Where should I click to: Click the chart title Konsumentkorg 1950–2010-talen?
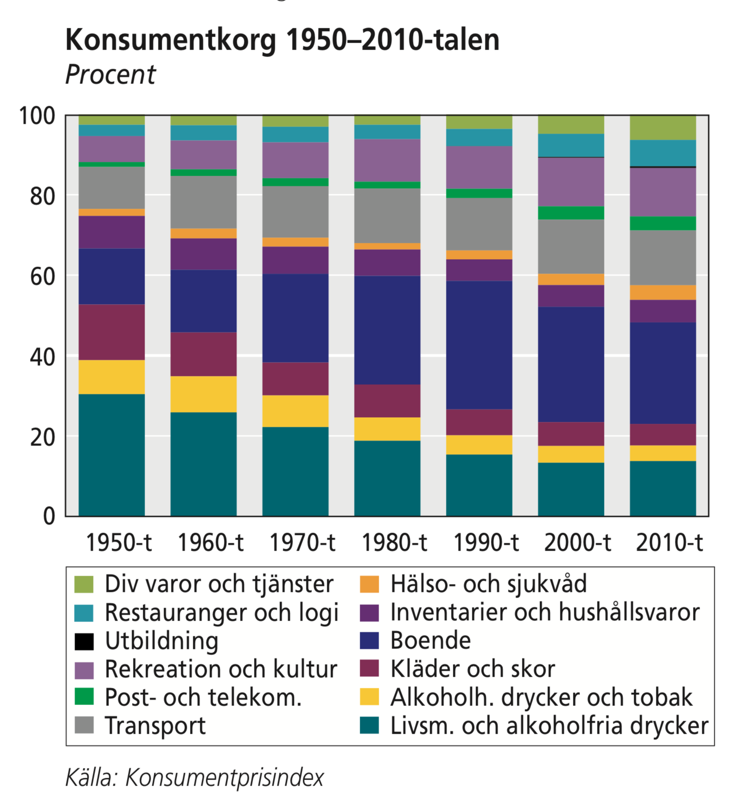coord(282,40)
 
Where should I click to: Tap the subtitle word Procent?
coord(110,75)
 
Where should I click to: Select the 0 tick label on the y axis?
coord(49,516)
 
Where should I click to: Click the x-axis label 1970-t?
coord(302,542)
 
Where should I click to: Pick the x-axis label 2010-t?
coord(669,542)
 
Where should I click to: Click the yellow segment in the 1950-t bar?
coord(112,377)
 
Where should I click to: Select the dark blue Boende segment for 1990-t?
coord(479,345)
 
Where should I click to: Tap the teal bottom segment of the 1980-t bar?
coord(387,478)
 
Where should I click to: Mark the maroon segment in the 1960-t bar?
coord(204,354)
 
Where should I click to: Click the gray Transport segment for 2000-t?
coord(571,246)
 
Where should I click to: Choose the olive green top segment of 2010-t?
coord(662,127)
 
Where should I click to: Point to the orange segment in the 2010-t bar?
coord(662,292)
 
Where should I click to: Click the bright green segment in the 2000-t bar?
coord(571,213)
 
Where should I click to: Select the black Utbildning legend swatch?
coord(84,641)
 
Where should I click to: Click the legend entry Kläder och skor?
coord(472,669)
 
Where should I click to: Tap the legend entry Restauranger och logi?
coord(222,613)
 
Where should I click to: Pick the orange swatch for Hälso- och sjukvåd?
coord(369,584)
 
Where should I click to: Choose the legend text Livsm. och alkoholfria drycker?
coord(549,726)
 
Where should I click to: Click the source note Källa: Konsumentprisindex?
coord(194,778)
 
